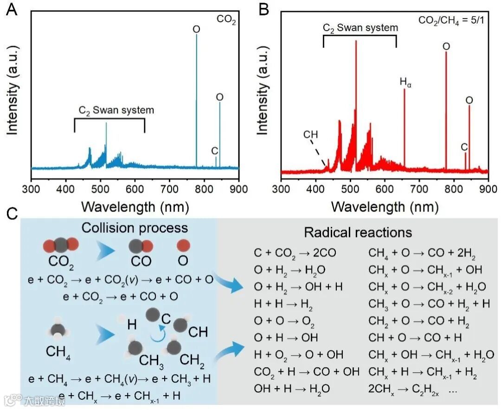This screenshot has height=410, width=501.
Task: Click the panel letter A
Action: [x=12, y=10]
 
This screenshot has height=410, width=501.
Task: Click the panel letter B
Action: [x=263, y=10]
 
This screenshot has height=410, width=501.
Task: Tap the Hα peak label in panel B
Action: [x=405, y=82]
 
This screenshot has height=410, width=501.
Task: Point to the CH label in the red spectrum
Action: [x=310, y=135]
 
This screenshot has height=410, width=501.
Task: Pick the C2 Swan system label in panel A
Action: [x=116, y=111]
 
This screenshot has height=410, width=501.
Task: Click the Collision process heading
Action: [x=135, y=228]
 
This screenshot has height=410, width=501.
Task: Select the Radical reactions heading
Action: [x=358, y=232]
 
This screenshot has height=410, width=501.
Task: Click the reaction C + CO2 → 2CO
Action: [x=295, y=253]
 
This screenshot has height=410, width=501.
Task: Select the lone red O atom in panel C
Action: [x=182, y=245]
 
